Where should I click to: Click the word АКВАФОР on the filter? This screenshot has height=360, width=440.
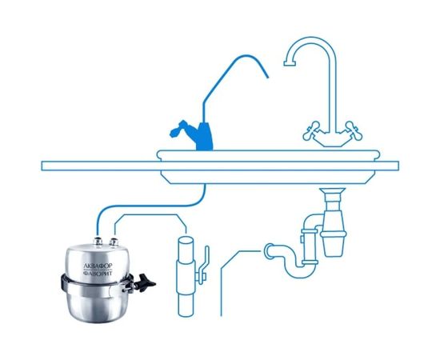(98, 265)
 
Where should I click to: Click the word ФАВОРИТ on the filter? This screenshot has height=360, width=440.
(98, 273)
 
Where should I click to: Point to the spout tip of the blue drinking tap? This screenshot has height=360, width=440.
(267, 76)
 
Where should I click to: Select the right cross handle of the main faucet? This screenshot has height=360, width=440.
(353, 130)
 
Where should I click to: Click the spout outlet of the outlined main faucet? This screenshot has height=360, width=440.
(290, 64)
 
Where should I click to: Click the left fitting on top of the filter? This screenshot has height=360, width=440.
(98, 241)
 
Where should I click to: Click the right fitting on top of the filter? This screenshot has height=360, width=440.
(114, 242)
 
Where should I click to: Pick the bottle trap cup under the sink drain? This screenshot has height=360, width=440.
(334, 243)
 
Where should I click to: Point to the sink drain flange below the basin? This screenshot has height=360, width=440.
(333, 192)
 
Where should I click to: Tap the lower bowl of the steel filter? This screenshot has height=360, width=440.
(97, 303)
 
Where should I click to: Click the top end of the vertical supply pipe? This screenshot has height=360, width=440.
(186, 241)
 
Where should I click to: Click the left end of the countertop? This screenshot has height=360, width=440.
(42, 166)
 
